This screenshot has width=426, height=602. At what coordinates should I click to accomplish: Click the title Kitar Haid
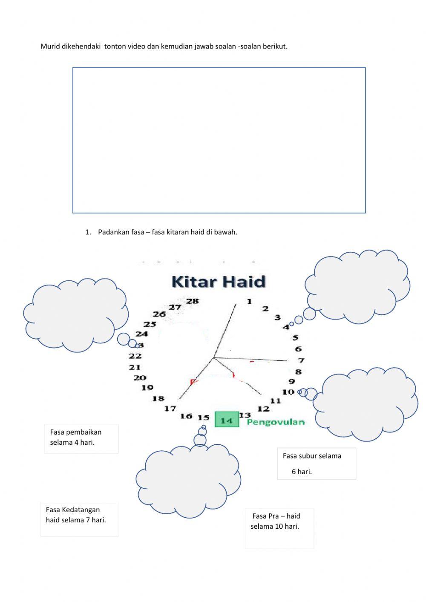(x=218, y=282)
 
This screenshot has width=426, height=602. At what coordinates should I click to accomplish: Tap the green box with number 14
(x=227, y=420)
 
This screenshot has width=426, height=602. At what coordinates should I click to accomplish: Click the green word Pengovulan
(x=276, y=422)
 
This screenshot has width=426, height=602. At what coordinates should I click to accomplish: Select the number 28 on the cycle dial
(x=192, y=301)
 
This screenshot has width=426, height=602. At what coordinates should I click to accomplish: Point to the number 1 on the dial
(x=249, y=301)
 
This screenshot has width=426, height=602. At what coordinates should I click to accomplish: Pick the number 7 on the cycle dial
(x=301, y=360)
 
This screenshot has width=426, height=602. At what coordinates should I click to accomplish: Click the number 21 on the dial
(x=135, y=367)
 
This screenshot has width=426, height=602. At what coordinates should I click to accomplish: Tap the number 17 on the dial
(x=170, y=409)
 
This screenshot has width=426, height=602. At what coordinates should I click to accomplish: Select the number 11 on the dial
(x=275, y=400)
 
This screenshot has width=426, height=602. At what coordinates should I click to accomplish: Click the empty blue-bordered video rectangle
(x=219, y=140)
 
